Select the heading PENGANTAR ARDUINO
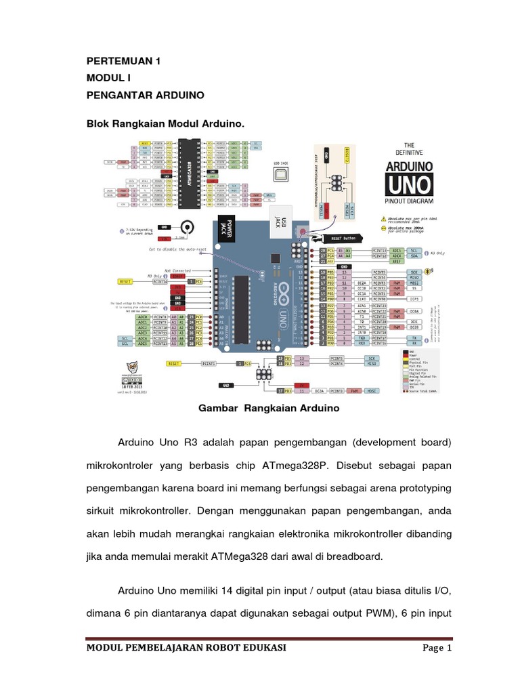pyautogui.click(x=146, y=94)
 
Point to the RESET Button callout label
pyautogui.click(x=341, y=239)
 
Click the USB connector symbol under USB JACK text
pyautogui.click(x=280, y=175)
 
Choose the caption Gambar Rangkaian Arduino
pyautogui.click(x=268, y=409)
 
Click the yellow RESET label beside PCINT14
pyautogui.click(x=125, y=280)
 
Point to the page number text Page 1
pyautogui.click(x=437, y=648)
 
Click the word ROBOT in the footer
pyautogui.click(x=215, y=648)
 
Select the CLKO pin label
pyautogui.click(x=362, y=298)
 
